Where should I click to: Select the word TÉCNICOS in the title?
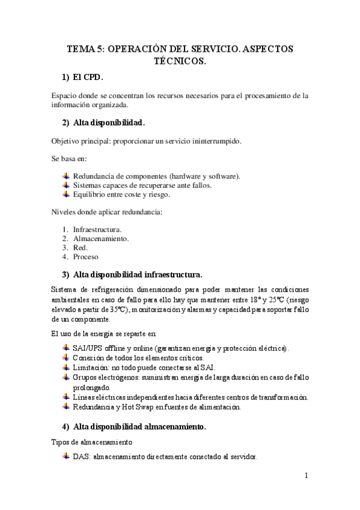tap(180, 62)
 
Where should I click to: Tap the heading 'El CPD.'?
tap(88, 78)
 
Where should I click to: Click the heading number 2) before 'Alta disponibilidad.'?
tap(66, 123)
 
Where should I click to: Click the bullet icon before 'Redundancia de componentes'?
tap(66, 176)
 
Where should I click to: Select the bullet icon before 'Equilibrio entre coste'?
tap(66, 194)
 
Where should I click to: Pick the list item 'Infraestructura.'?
tap(97, 229)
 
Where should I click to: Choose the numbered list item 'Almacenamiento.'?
tap(101, 238)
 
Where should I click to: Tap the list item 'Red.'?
tap(81, 247)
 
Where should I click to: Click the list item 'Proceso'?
tap(86, 256)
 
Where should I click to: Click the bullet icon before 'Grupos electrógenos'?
tap(66, 377)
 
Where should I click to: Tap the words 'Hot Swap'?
tap(135, 407)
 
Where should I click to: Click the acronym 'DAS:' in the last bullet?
tap(82, 457)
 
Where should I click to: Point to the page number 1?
tap(307, 475)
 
